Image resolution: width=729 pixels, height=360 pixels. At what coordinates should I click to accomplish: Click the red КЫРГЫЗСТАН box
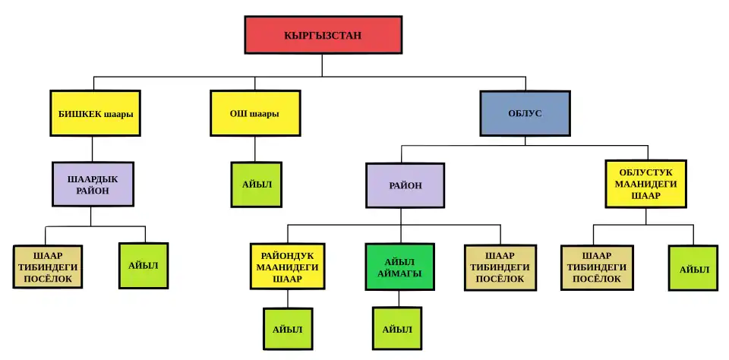(323, 36)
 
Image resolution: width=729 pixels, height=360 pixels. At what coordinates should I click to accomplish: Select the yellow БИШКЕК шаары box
(96, 114)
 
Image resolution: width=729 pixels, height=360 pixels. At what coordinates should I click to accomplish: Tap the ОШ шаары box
(255, 114)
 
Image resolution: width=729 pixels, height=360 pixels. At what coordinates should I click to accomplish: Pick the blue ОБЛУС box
(524, 114)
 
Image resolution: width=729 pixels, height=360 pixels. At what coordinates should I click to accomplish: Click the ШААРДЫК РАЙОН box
(93, 185)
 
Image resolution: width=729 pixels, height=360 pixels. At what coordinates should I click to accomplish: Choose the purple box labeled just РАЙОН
(403, 185)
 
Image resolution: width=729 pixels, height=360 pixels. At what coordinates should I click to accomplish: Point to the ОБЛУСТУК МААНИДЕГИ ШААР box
(645, 184)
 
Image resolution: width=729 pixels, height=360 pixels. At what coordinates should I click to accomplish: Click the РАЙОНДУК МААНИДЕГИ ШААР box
(287, 267)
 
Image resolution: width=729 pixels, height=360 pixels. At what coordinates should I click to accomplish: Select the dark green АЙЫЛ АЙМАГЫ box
(399, 267)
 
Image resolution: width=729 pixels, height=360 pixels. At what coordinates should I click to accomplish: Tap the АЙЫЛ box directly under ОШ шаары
(257, 185)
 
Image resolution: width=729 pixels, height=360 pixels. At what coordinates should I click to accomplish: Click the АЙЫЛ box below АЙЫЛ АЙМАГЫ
(397, 329)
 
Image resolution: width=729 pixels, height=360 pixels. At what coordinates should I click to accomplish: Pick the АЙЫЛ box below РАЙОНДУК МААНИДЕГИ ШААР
(288, 329)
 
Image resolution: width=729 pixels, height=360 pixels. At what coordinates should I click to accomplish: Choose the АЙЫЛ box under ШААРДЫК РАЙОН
(144, 266)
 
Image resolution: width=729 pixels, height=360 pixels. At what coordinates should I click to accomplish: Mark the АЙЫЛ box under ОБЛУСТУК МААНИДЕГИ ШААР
(693, 268)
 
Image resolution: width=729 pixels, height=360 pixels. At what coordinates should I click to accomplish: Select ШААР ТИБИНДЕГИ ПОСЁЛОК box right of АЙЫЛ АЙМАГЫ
(500, 267)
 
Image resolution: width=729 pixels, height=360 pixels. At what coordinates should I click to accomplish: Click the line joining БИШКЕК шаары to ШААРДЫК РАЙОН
(93, 149)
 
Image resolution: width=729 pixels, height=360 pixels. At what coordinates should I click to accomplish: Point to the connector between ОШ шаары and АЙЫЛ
(255, 149)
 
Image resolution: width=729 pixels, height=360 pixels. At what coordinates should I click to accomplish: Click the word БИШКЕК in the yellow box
(78, 114)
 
